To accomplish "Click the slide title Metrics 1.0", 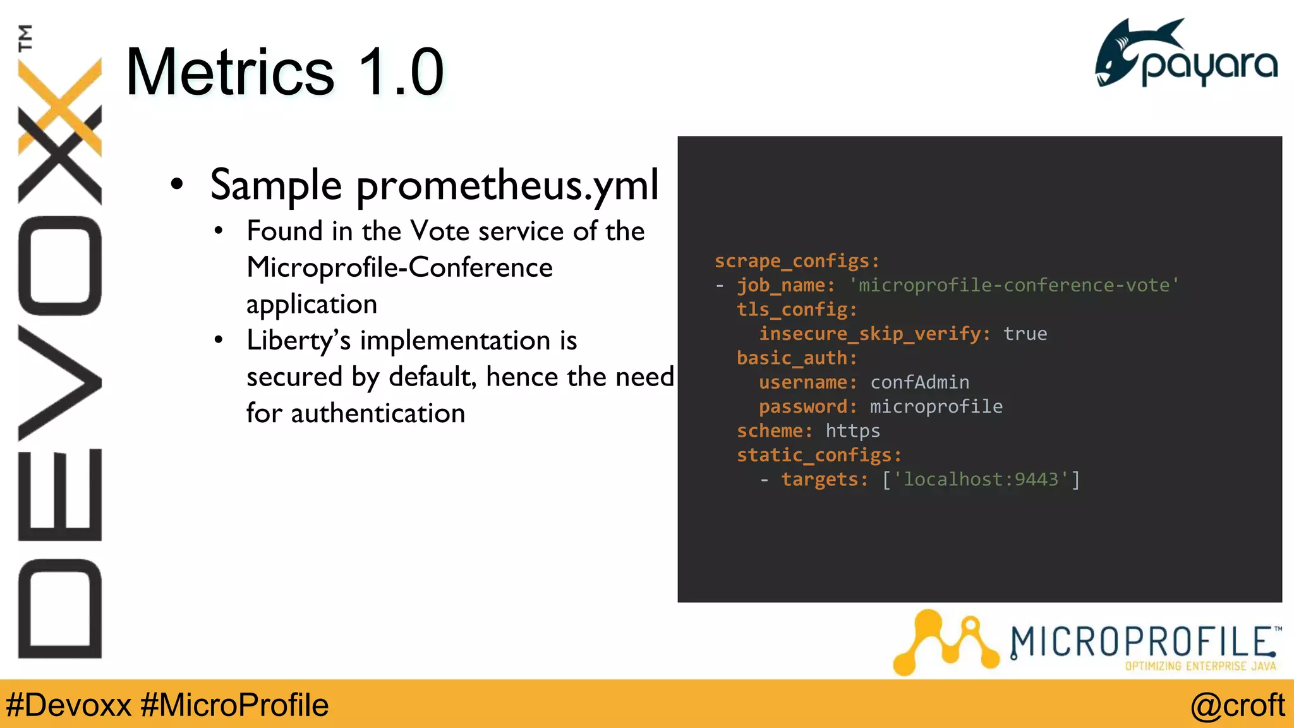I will coord(284,72).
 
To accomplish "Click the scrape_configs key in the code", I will coord(796,261).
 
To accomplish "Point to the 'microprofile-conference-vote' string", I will coord(1013,285).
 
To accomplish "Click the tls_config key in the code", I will coord(796,310).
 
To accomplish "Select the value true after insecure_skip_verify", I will coord(1025,334).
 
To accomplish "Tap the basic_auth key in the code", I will coord(796,358).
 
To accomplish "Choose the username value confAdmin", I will coord(919,382).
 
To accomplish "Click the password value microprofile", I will coord(936,406).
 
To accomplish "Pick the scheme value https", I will coord(852,431).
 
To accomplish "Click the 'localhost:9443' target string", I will coord(981,480).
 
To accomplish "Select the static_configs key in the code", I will coord(818,455).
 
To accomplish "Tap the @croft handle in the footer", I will coord(1237,705).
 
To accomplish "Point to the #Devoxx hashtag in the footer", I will coord(68,705).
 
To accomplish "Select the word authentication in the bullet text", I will coord(378,414).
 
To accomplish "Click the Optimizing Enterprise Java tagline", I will coord(1200,666).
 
